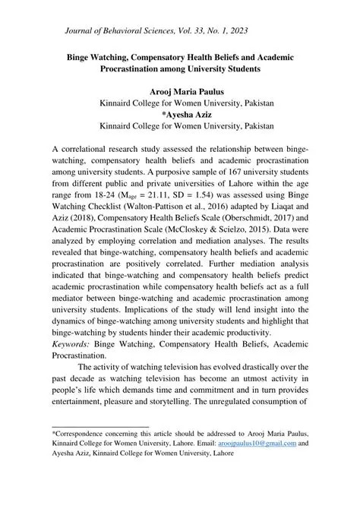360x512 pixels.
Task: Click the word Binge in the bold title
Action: pyautogui.click(x=83, y=57)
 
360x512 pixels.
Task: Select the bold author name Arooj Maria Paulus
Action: pyautogui.click(x=179, y=90)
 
